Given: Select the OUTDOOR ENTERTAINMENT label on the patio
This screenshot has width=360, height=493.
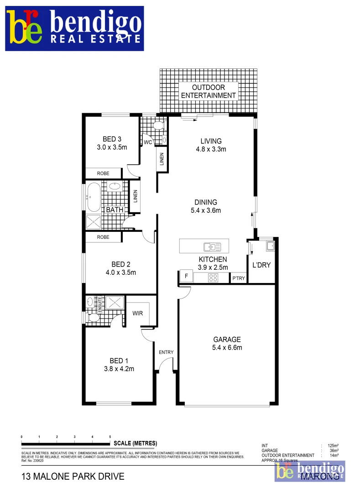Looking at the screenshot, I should pyautogui.click(x=209, y=91).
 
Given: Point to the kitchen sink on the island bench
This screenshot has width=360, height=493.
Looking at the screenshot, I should pyautogui.click(x=212, y=247).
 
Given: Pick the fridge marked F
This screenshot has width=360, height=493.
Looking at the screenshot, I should pyautogui.click(x=186, y=276).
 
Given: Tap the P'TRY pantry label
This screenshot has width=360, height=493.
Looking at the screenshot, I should pyautogui.click(x=238, y=278).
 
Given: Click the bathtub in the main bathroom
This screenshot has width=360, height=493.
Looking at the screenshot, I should pyautogui.click(x=93, y=197).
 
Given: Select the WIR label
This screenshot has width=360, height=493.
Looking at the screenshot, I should pyautogui.click(x=138, y=314).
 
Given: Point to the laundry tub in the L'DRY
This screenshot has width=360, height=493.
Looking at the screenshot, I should pyautogui.click(x=270, y=246).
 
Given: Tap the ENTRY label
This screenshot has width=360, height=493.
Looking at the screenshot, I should pyautogui.click(x=166, y=352).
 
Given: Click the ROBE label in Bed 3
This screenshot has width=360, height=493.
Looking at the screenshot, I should pyautogui.click(x=103, y=174).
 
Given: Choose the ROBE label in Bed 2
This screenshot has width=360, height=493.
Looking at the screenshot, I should pyautogui.click(x=103, y=237).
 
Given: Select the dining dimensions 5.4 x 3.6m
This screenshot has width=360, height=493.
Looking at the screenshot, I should pyautogui.click(x=205, y=210).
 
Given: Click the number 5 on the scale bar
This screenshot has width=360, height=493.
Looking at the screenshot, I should pyautogui.click(x=110, y=437).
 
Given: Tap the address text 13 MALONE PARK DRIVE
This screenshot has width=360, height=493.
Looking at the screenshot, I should pyautogui.click(x=73, y=477).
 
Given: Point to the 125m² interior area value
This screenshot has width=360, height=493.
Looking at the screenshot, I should pyautogui.click(x=332, y=446).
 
